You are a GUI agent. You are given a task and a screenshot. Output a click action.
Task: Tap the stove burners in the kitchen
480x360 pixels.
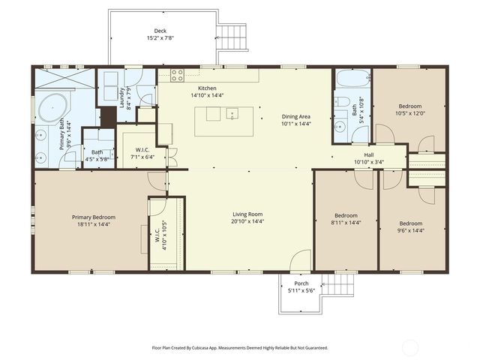178,74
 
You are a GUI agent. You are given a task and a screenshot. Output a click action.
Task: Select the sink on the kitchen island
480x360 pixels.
232,115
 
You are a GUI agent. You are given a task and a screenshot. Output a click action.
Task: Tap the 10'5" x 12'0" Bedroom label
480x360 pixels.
409,109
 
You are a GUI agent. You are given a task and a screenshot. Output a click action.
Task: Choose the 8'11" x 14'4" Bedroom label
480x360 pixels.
346,218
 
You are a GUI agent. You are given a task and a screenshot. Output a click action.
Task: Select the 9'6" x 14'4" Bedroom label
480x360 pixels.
410,226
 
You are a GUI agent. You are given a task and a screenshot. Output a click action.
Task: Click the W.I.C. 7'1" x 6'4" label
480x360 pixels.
142,154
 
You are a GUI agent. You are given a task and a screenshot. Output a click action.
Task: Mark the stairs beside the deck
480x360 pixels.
235,35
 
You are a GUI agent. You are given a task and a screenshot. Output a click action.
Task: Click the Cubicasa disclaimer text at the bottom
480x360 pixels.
240,348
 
